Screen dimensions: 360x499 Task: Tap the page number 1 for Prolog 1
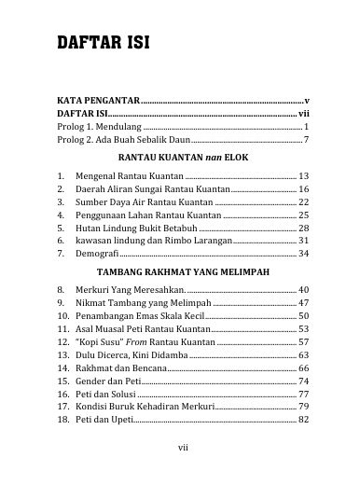pyautogui.click(x=306, y=125)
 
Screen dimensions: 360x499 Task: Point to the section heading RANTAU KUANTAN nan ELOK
pyautogui.click(x=179, y=158)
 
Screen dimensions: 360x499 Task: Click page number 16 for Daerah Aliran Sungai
pyautogui.click(x=303, y=188)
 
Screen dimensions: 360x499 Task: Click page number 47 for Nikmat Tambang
pyautogui.click(x=303, y=303)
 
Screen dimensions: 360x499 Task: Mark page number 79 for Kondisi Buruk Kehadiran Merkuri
pyautogui.click(x=303, y=407)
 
